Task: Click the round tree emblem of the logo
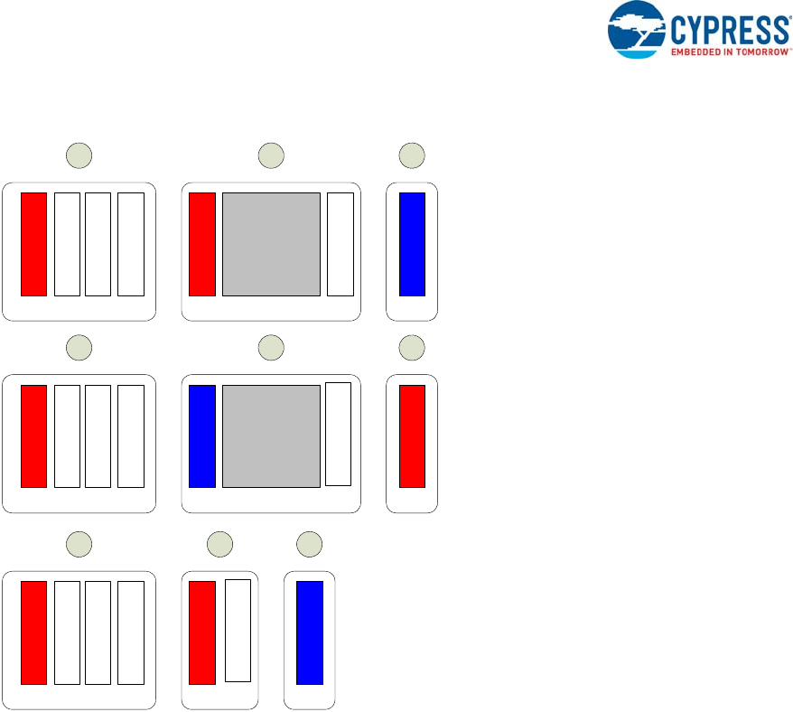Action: coord(637,30)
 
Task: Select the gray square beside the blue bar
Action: coord(271,436)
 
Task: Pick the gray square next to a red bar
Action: coord(271,243)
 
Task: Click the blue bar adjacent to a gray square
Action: coord(202,436)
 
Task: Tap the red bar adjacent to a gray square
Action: coord(202,243)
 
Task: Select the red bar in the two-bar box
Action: coord(202,632)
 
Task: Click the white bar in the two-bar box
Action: coord(238,631)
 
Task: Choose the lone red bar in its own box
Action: coord(412,436)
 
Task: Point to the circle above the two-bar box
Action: coord(219,544)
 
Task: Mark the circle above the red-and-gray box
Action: coord(271,155)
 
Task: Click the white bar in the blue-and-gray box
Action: coord(338,434)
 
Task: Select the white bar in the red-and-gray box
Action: coord(340,243)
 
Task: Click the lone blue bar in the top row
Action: coord(412,243)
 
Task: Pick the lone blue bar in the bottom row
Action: coord(310,632)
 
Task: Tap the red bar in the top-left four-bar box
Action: coord(33,243)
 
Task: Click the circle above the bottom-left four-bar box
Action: coord(80,544)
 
